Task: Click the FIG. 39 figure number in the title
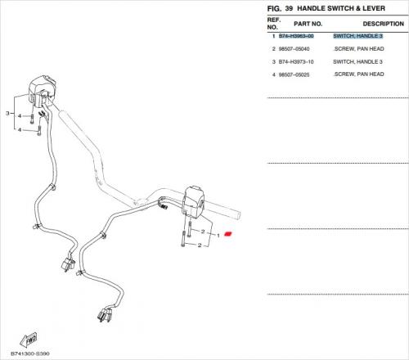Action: click(280, 8)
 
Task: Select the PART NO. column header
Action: click(308, 24)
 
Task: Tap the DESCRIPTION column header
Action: click(383, 24)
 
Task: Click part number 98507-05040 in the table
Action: click(294, 49)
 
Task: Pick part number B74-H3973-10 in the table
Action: click(296, 62)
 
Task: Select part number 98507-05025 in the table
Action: click(294, 74)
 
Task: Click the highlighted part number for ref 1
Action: click(296, 36)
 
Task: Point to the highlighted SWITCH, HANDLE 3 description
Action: click(357, 36)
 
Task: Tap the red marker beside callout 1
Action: click(228, 234)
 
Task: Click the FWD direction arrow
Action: click(29, 340)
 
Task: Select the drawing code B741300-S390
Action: click(30, 353)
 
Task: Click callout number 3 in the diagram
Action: click(7, 113)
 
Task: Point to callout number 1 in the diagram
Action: click(218, 236)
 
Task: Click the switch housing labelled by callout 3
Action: click(42, 92)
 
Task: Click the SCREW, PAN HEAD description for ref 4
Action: click(359, 74)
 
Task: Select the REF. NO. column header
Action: click(273, 24)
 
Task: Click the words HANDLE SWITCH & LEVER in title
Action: click(341, 8)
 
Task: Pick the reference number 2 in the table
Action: click(274, 49)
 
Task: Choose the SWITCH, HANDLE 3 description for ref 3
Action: click(357, 62)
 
